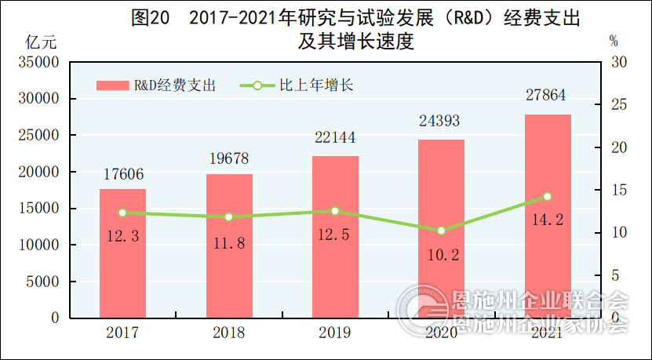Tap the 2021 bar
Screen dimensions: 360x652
coord(548,216)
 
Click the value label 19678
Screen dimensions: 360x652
coord(228,158)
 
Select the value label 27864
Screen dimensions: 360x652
coord(546,96)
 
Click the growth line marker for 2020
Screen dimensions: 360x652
coord(441,231)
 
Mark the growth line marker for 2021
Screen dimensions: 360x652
coord(548,197)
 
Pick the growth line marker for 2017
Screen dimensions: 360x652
coord(122,213)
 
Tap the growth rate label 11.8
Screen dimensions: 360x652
coord(229,242)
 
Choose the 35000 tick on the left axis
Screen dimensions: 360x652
coord(38,62)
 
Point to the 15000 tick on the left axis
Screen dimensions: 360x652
coord(38,209)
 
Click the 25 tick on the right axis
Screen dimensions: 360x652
coord(617,105)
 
